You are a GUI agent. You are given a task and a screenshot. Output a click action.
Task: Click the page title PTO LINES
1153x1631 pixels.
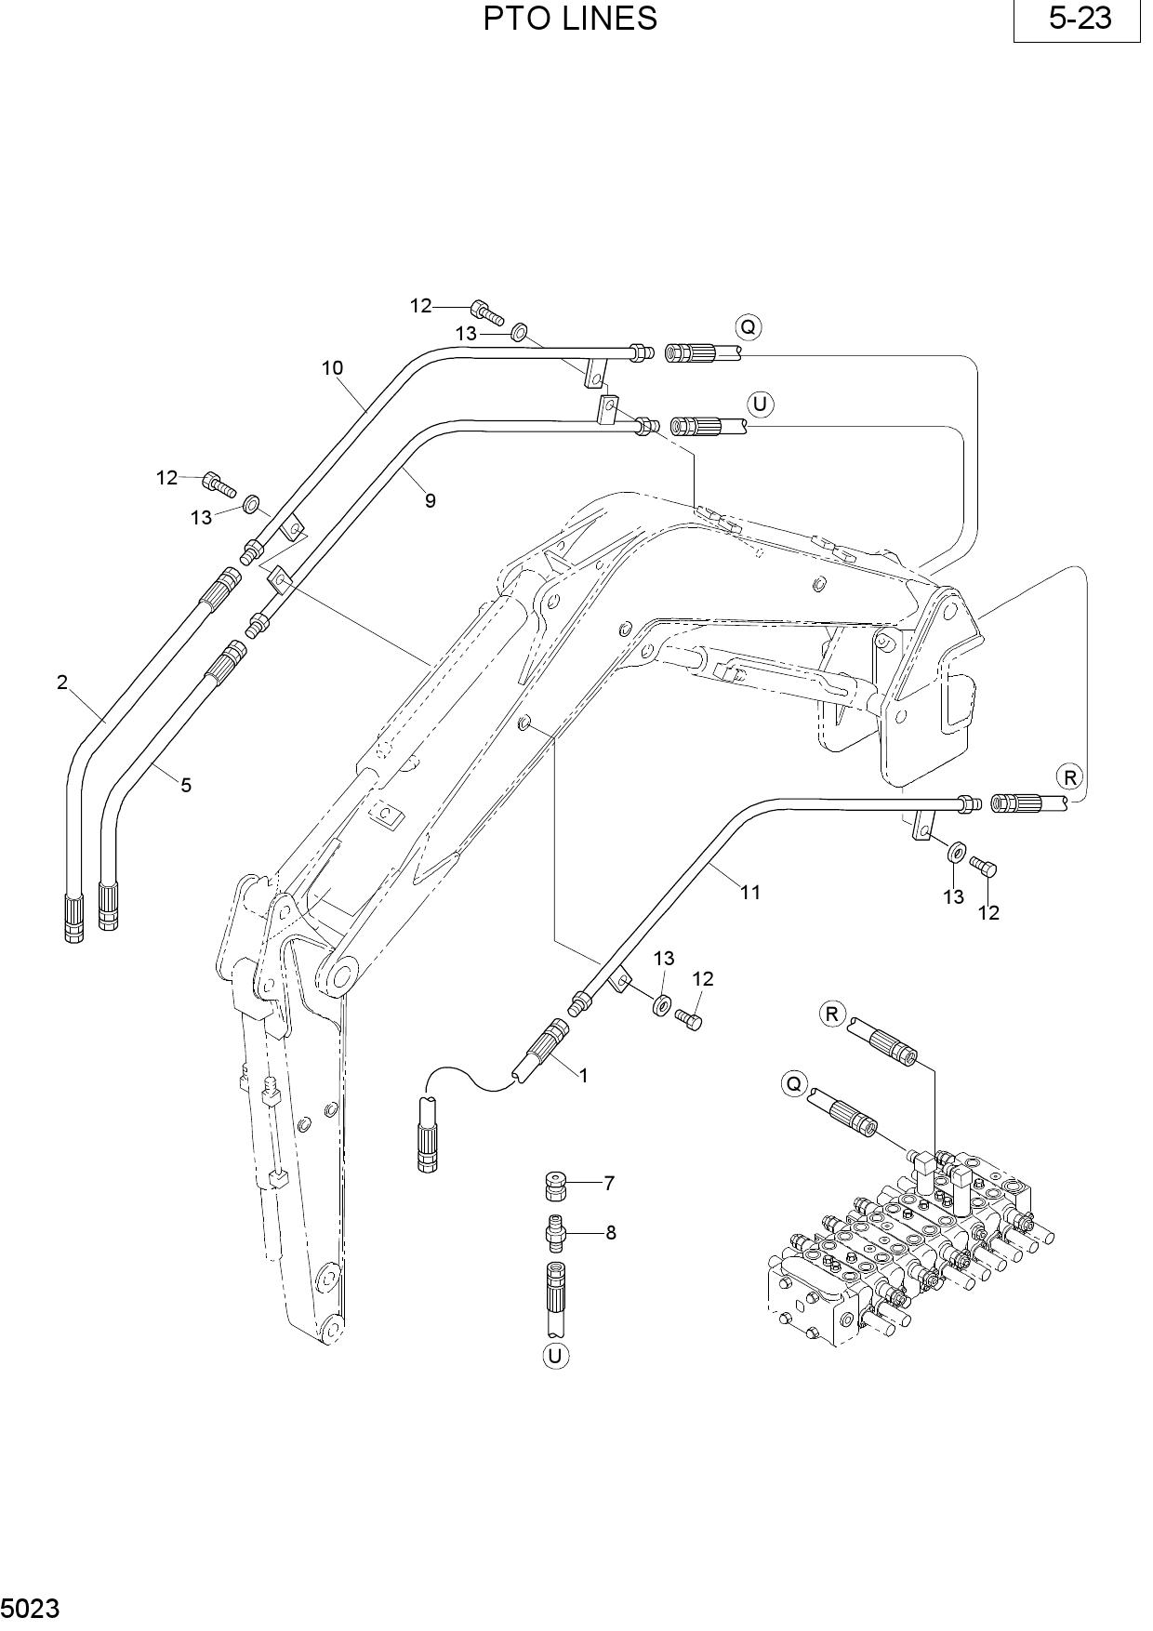570,19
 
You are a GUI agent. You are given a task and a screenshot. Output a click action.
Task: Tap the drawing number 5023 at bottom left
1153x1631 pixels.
31,1608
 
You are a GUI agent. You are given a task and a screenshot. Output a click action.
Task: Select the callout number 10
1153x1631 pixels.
332,368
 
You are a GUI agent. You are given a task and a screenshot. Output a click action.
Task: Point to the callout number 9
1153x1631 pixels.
430,500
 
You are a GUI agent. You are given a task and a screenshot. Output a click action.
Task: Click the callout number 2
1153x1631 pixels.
62,683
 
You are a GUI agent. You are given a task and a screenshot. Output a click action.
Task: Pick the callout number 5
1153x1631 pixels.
186,785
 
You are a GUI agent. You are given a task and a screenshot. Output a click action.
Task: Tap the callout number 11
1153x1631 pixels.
750,893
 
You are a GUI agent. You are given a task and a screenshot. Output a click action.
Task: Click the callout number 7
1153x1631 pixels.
609,1184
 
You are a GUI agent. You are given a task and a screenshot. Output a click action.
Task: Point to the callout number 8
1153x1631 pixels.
611,1233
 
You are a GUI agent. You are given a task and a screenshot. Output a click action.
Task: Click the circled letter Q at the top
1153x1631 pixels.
748,327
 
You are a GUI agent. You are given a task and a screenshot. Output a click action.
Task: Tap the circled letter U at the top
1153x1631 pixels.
761,404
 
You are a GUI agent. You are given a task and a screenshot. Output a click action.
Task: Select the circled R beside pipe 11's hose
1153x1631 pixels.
1069,776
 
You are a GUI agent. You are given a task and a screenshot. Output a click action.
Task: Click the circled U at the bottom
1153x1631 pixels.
555,1356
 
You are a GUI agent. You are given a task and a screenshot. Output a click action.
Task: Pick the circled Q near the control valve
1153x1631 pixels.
793,1084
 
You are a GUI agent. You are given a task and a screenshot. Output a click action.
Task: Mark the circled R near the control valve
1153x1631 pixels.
832,1014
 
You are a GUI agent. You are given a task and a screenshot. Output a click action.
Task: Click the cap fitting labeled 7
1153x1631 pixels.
555,1187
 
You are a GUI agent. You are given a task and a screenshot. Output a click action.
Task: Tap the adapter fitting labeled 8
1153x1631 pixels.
555,1232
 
